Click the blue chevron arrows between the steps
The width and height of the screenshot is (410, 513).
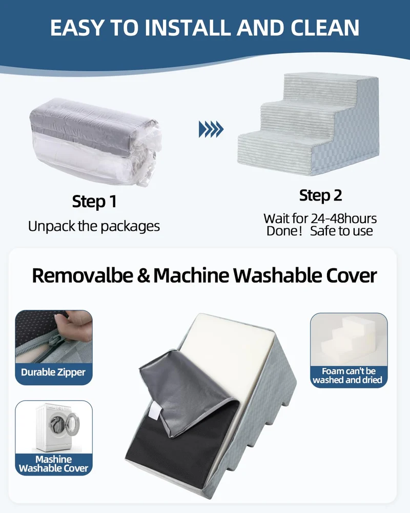pos(211,129)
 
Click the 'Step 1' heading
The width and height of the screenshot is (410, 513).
pos(94,202)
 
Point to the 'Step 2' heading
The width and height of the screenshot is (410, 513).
pos(320,195)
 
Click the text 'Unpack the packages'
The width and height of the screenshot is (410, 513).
pos(94,226)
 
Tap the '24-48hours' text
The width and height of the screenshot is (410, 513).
pos(343,219)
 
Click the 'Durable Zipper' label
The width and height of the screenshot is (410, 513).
pos(53,372)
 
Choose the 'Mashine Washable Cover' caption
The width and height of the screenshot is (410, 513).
pos(54,464)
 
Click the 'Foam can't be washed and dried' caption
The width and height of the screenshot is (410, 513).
pos(347,376)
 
